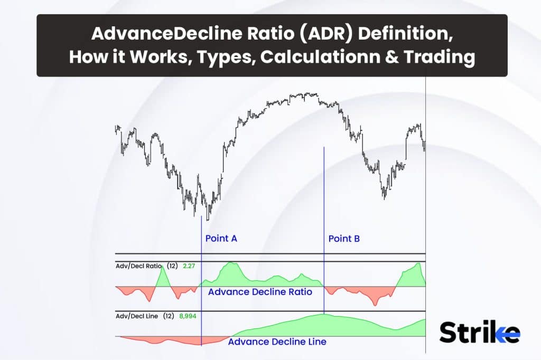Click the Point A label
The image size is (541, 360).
221,238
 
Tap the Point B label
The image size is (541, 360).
344,238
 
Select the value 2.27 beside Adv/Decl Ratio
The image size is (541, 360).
189,266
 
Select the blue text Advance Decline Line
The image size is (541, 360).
277,342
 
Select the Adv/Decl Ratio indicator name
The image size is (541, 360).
139,266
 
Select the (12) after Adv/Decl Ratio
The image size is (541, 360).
172,266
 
